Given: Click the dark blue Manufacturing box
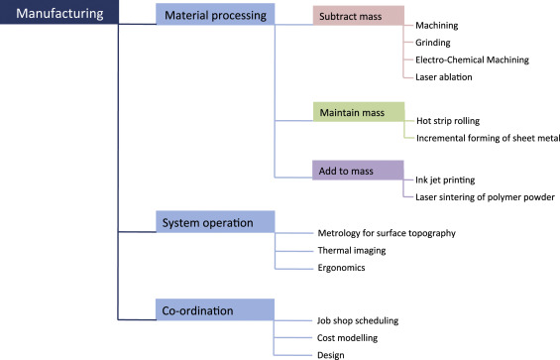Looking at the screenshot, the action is [59, 12].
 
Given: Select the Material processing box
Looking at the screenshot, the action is [215, 14].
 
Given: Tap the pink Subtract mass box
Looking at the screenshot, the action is [359, 16].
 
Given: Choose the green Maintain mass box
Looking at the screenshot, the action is [359, 112].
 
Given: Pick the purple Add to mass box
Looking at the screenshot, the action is [358, 171].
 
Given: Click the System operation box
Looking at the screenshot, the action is [215, 221].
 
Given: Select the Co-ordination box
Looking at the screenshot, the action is [215, 309].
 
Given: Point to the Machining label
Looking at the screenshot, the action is [437, 26].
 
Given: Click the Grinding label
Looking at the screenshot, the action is [433, 43].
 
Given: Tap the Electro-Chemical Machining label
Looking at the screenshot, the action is [472, 60].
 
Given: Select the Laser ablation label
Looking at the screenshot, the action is [444, 77].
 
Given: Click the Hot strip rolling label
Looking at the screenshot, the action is [448, 121].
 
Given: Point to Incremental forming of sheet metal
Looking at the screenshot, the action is [488, 138].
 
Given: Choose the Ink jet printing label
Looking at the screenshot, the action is [445, 180].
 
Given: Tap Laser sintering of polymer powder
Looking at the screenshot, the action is [486, 197].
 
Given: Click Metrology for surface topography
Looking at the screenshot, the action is [387, 233].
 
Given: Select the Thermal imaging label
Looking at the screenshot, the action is [352, 250].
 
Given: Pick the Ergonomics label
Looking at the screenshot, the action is [341, 268].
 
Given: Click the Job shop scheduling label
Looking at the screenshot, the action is [358, 320].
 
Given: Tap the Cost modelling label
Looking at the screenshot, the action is [348, 338].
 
